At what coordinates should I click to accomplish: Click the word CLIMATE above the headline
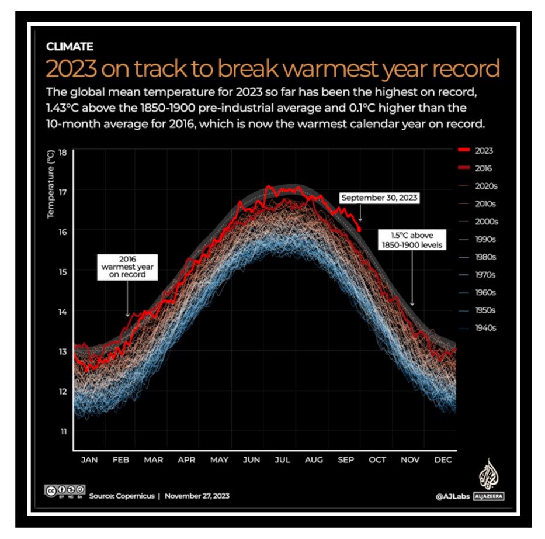70,47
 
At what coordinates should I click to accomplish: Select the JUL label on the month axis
282,460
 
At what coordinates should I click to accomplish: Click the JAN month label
89,460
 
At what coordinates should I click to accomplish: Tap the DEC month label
443,460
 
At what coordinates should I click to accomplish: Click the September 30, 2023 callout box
380,198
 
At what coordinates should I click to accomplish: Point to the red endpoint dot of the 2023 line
359,230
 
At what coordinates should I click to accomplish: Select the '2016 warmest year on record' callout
122,266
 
